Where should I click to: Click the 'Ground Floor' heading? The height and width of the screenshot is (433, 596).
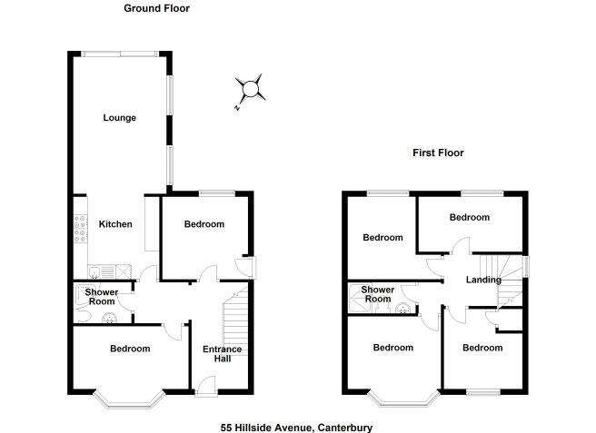pyautogui.click(x=156, y=8)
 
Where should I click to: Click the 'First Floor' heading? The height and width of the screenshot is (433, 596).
pyautogui.click(x=438, y=153)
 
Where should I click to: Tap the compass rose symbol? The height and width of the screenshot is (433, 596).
pyautogui.click(x=249, y=90)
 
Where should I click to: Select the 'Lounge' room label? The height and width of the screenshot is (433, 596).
pyautogui.click(x=119, y=118)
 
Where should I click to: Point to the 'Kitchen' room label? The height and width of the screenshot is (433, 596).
pyautogui.click(x=115, y=224)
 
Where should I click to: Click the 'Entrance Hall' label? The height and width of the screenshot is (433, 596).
pyautogui.click(x=216, y=353)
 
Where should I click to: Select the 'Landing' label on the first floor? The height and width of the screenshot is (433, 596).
pyautogui.click(x=483, y=280)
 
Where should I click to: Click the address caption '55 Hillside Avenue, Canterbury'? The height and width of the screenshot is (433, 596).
pyautogui.click(x=296, y=428)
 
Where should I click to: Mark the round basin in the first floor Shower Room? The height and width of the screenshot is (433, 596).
pyautogui.click(x=400, y=307)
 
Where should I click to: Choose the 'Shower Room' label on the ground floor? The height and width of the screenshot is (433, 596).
pyautogui.click(x=101, y=296)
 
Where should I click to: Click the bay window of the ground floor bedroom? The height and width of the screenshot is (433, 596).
pyautogui.click(x=129, y=398)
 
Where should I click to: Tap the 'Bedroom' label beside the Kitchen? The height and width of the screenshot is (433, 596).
pyautogui.click(x=204, y=224)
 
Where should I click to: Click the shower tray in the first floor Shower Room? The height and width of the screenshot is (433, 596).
pyautogui.click(x=355, y=295)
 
